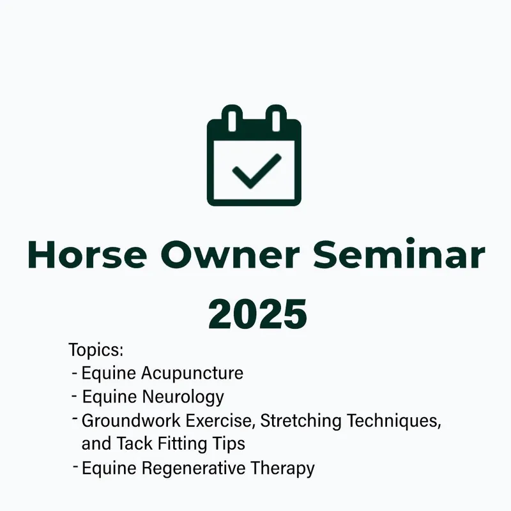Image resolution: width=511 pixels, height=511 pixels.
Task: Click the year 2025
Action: click(256, 312)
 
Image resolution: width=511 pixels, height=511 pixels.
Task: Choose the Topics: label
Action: click(95, 350)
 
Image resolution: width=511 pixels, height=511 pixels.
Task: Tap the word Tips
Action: click(229, 443)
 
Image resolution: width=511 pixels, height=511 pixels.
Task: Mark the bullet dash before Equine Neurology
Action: click(75, 395)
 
